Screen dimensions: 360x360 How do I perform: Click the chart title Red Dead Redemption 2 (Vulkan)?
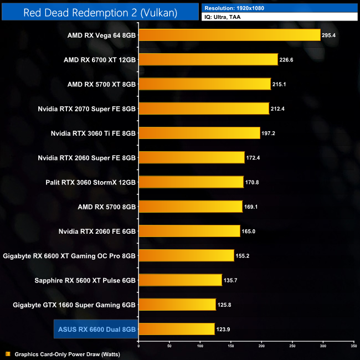coord(100,13)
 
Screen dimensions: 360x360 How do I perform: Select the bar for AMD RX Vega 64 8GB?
coord(229,35)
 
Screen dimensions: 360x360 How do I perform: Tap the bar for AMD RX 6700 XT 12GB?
coord(208,59)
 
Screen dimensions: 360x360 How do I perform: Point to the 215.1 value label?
coord(281,84)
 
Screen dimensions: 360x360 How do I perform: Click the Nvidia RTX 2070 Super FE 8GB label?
coord(87,109)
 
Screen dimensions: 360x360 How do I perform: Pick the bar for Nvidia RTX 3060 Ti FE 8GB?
coord(199,133)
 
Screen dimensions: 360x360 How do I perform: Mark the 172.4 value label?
coord(255,158)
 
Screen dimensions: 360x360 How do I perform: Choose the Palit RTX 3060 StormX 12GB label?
coord(90,182)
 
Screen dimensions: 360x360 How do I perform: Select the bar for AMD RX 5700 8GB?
coord(191,207)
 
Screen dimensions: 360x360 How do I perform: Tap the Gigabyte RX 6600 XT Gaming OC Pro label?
coord(69,256)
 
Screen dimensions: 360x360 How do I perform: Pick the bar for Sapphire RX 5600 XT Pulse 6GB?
coord(180,280)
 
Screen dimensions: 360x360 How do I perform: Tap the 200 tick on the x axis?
coord(261,346)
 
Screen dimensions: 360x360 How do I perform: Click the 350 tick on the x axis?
coord(353,346)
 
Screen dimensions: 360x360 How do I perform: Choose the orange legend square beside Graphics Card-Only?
coord(7,354)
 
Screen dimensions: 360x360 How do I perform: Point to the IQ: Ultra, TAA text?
coord(222,17)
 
